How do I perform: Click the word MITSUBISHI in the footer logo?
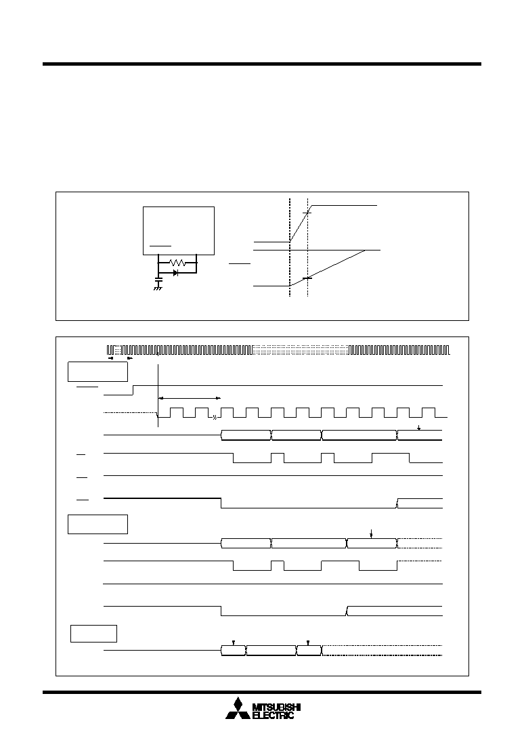coord(277,707)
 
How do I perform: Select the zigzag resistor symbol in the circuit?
coord(177,263)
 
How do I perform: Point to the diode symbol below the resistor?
coord(175,273)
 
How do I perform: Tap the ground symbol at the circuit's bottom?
coord(158,288)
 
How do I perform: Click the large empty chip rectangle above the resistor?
coord(179,230)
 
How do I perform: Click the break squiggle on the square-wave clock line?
coord(215,417)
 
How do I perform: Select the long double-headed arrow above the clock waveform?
coord(190,398)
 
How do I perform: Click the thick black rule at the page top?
coord(262,64)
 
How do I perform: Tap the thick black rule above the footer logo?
coord(262,693)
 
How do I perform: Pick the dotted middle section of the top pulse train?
coord(301,350)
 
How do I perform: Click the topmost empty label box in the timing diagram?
coord(97,372)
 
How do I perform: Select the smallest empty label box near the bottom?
coord(94,633)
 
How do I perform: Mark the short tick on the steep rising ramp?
coord(307,213)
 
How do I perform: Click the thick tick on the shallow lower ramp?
coord(307,278)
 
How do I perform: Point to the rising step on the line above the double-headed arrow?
coord(133,390)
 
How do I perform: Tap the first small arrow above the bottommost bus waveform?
coord(233,643)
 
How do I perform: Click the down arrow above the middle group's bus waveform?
coord(372,534)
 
